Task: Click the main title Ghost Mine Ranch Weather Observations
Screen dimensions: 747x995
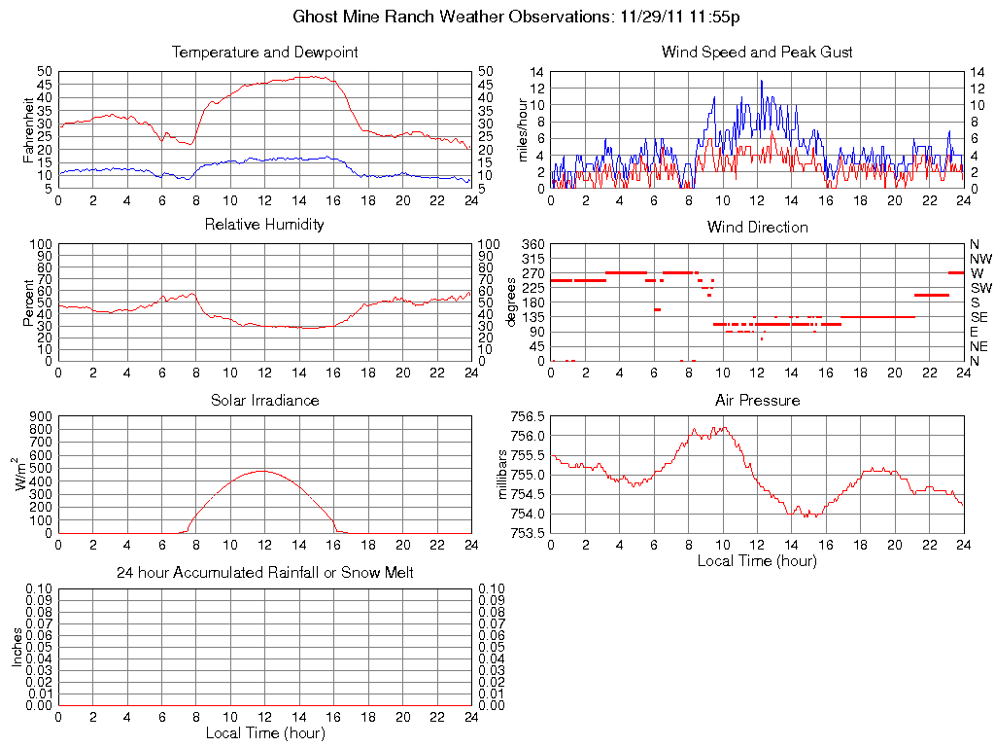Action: coord(516,17)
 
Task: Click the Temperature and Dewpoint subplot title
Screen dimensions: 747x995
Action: coord(264,52)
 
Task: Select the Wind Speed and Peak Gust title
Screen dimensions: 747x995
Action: coord(757,52)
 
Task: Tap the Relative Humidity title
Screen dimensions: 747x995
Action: coord(264,225)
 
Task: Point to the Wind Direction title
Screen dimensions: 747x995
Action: coord(757,227)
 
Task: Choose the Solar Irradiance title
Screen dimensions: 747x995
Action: coord(264,400)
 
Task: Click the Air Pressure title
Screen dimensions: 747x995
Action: coord(757,400)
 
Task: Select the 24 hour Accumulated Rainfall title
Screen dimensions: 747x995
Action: coord(264,573)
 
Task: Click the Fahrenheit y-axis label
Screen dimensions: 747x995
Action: coord(29,129)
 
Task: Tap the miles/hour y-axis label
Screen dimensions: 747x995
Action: coord(522,129)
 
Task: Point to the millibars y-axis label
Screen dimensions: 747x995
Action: coord(503,475)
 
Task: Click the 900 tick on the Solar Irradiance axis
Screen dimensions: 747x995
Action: coord(40,415)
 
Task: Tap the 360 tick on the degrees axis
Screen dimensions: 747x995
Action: coord(533,243)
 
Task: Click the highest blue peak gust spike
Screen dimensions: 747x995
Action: coord(761,81)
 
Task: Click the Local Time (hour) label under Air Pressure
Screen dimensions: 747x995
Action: coord(757,560)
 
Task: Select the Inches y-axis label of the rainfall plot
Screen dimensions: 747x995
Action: coord(17,647)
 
